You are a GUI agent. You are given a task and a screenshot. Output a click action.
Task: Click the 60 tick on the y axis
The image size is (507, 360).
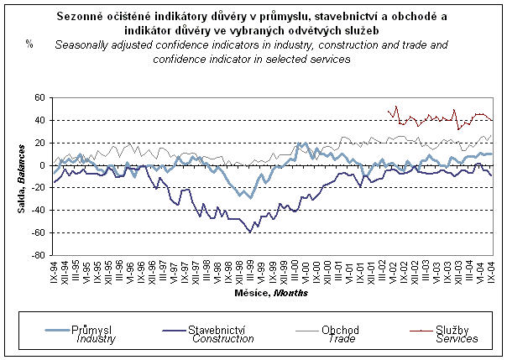click(38, 97)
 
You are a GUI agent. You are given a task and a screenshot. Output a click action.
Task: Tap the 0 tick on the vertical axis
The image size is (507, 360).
click(41, 165)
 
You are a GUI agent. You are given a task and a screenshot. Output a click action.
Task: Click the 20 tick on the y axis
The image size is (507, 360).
click(38, 143)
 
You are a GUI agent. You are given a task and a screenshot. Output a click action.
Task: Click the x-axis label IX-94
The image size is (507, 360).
click(53, 272)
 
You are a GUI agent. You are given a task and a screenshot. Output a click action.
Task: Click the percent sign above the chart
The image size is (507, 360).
click(30, 43)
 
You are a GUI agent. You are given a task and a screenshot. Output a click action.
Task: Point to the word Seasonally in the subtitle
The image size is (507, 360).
click(83, 44)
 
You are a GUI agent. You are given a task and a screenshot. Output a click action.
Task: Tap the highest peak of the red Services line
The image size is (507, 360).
click(396, 107)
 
